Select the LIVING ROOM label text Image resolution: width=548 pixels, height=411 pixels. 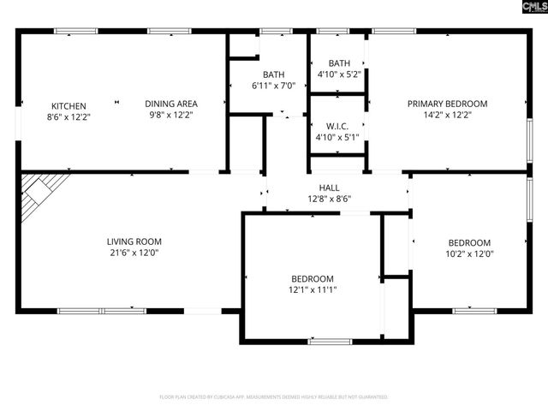134,241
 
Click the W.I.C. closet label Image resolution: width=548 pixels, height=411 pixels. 337,126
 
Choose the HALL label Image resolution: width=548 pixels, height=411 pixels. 333,188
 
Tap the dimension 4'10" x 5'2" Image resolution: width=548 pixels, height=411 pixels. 339,74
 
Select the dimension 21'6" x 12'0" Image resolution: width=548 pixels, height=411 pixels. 134,253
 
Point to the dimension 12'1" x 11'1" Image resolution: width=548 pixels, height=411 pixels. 312,289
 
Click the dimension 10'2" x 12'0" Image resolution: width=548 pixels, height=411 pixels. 469,253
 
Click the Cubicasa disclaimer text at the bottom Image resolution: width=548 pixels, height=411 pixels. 274,397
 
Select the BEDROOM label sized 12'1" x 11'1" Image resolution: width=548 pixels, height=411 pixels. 312,278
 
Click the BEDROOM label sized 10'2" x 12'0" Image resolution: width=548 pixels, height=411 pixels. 469,242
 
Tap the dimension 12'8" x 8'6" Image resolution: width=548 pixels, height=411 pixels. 333,198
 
